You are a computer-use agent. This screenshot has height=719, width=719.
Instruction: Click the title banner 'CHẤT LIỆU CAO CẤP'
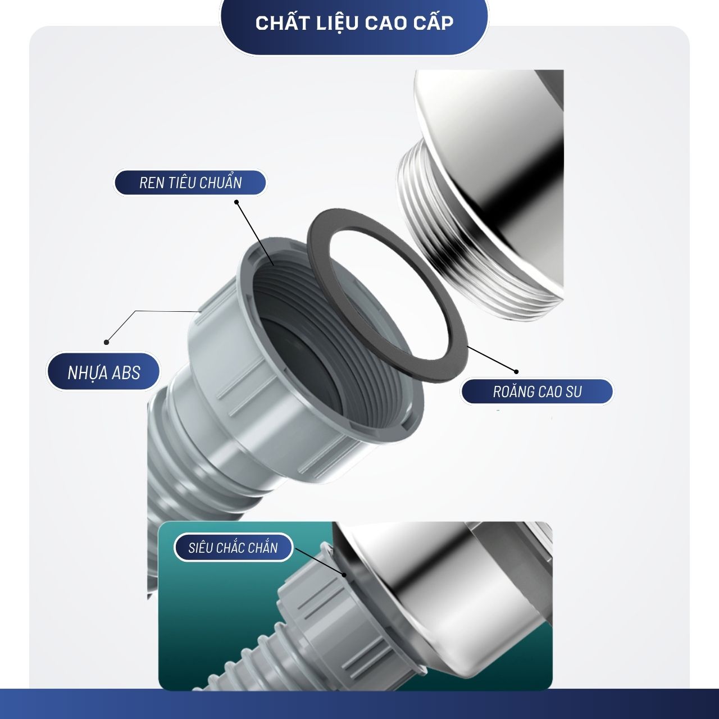point(354,23)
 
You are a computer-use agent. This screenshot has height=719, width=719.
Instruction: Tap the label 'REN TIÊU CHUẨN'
point(190,183)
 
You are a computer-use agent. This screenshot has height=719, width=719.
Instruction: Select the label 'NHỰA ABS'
point(104,372)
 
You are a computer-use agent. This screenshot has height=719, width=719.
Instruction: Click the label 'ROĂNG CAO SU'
point(537,392)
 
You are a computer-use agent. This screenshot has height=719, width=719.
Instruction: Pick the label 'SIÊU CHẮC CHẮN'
point(233,548)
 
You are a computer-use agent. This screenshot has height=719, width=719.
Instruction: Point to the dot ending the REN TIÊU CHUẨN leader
point(236,202)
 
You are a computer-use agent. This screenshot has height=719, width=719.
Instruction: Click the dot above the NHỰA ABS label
point(106,342)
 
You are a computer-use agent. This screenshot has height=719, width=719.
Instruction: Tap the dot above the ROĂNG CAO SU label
point(516,372)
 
